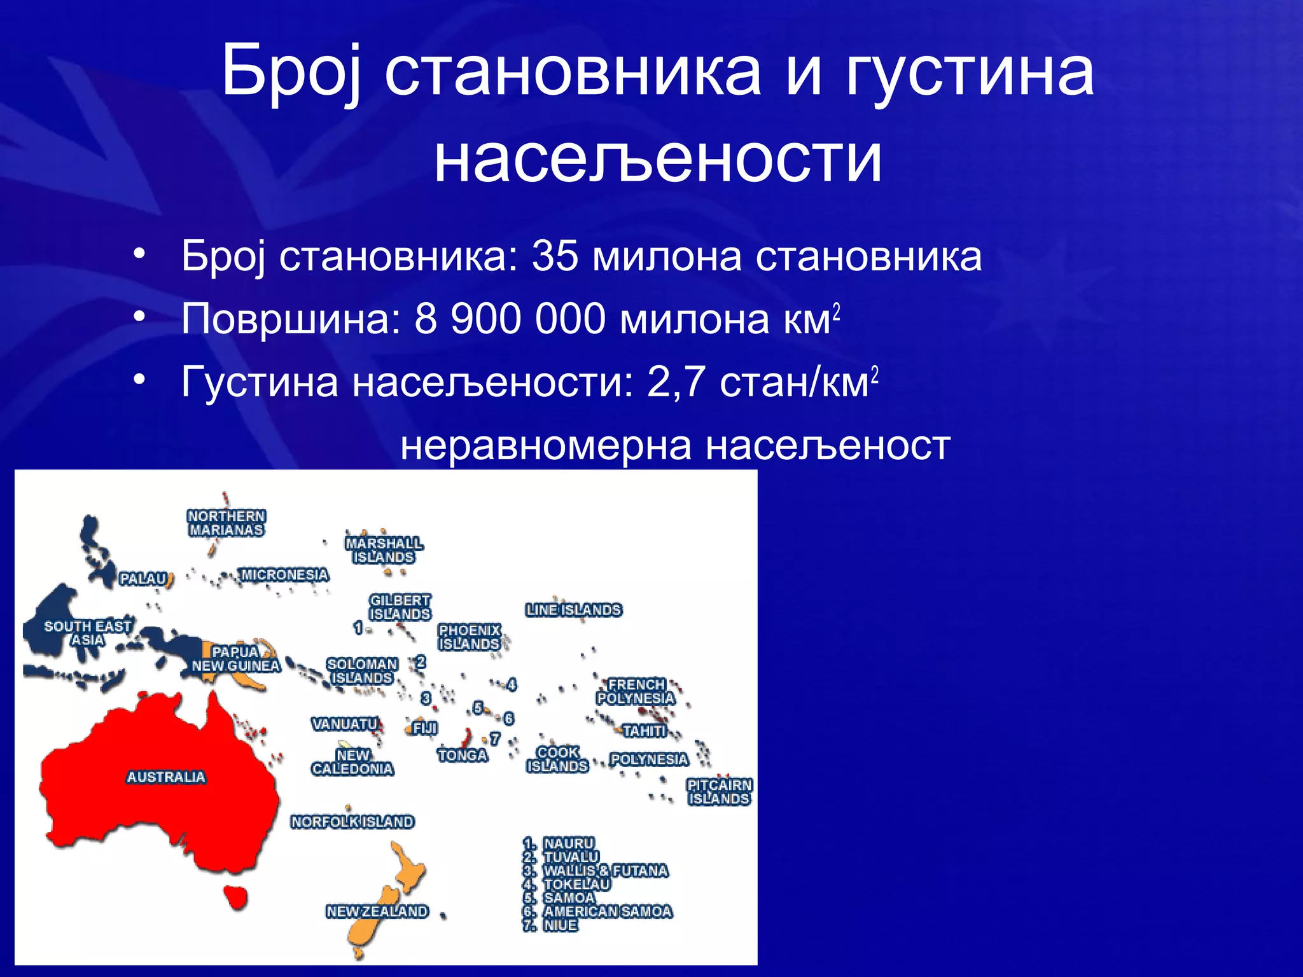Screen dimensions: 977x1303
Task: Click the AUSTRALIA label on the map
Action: click(x=166, y=777)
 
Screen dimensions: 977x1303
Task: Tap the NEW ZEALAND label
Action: click(x=377, y=911)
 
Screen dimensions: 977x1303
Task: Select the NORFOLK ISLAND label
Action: click(x=352, y=821)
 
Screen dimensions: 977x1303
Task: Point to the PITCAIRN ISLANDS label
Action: click(x=720, y=792)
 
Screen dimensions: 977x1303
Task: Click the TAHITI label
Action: click(x=645, y=731)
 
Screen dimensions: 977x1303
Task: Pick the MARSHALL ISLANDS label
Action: click(x=384, y=550)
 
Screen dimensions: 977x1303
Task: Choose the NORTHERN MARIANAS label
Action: click(x=226, y=523)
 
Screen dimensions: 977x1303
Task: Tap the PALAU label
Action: click(x=144, y=579)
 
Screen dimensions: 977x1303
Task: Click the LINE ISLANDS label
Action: click(x=574, y=609)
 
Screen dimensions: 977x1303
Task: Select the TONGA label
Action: click(x=463, y=755)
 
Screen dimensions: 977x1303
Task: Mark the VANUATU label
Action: click(x=345, y=724)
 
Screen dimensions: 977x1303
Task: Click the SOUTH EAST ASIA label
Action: click(x=87, y=633)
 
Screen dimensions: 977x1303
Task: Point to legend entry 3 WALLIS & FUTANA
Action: click(x=604, y=870)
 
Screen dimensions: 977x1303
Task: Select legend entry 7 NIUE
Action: click(x=559, y=925)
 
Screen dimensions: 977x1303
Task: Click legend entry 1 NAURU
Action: click(x=568, y=843)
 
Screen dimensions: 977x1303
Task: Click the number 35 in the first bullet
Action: click(x=554, y=256)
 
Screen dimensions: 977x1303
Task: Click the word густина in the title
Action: click(x=970, y=72)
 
